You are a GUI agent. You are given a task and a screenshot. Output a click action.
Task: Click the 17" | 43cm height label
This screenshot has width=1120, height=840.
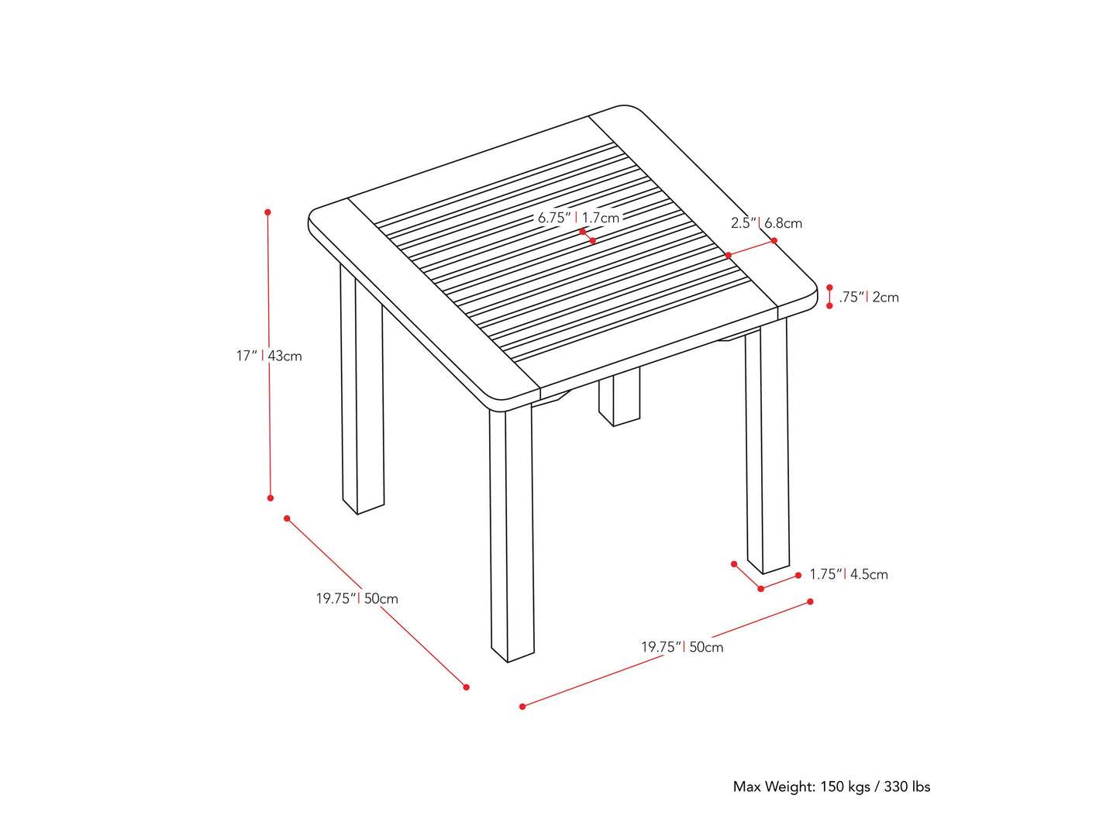click(x=269, y=356)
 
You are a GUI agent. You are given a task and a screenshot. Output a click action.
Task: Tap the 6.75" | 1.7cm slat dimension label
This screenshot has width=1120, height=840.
click(x=578, y=218)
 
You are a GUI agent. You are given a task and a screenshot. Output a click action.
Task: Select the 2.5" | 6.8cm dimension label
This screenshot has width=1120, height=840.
click(x=766, y=223)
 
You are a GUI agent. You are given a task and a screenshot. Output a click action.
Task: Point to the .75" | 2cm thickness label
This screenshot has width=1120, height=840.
click(x=869, y=297)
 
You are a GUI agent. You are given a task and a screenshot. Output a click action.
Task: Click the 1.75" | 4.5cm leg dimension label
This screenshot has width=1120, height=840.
click(x=848, y=574)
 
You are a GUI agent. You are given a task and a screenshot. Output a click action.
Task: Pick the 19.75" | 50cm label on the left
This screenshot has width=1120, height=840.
click(x=357, y=598)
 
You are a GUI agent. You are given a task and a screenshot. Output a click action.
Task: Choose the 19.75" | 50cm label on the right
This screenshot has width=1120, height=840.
click(x=682, y=647)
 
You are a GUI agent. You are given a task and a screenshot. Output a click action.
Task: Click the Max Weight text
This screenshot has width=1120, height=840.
click(x=831, y=787)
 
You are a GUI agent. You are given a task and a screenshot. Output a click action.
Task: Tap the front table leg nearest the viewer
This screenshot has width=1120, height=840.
click(x=512, y=535)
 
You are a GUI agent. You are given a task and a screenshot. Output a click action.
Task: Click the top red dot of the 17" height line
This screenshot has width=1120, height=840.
click(x=267, y=212)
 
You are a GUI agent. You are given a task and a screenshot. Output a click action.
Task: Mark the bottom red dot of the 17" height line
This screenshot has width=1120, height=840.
click(x=271, y=497)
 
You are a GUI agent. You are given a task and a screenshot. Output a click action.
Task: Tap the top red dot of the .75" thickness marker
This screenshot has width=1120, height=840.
click(x=829, y=287)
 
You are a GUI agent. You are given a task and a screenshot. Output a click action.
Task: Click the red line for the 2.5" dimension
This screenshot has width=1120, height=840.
click(x=751, y=248)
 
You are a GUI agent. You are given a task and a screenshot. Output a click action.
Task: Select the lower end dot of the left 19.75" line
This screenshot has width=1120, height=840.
click(x=466, y=687)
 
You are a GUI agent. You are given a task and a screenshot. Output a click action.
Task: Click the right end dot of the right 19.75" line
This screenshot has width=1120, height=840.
click(x=810, y=601)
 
